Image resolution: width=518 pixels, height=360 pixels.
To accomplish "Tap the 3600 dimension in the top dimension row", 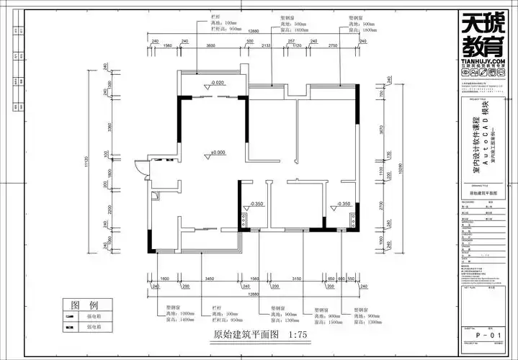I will point(211,45).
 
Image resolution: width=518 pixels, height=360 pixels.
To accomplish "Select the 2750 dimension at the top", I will point(333,45).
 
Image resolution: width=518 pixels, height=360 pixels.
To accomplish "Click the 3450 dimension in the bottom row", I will point(210,278).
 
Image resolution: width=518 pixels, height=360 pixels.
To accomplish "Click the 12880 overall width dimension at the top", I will point(254,32).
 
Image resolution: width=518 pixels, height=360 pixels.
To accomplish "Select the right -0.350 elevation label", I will point(341,204).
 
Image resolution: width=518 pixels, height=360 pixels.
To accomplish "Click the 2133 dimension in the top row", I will point(267,45).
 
